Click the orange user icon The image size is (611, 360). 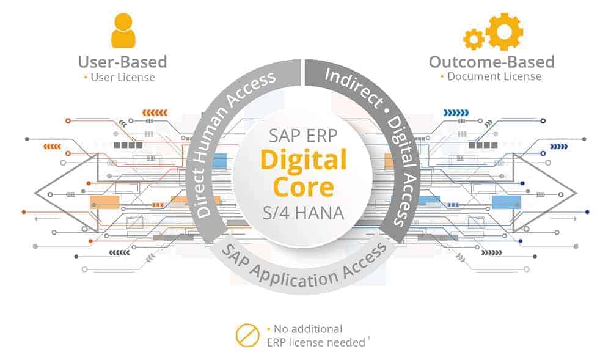(123, 30)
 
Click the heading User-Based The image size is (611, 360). (122, 62)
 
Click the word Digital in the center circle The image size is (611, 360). (304, 160)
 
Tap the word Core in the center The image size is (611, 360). (304, 186)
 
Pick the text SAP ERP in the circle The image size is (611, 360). (304, 136)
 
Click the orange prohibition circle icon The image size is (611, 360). (247, 336)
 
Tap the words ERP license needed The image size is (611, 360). (315, 342)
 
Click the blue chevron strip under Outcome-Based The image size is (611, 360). (456, 112)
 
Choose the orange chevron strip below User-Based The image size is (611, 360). (153, 112)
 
